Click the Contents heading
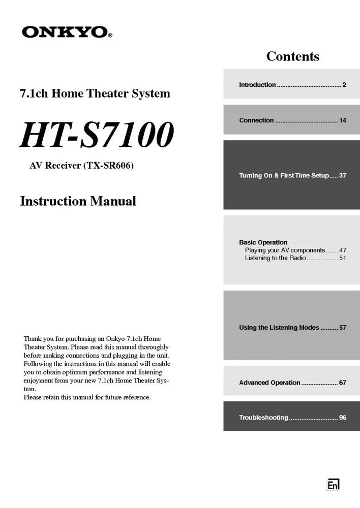click(293, 56)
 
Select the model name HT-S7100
click(97, 135)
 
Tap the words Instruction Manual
click(78, 201)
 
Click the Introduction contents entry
click(257, 85)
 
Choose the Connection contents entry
click(256, 120)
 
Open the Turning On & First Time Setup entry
click(284, 176)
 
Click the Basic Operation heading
click(263, 242)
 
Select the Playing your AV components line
click(285, 250)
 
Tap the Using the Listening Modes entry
click(279, 328)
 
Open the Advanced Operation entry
click(269, 383)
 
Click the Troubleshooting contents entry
click(263, 418)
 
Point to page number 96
click(343, 418)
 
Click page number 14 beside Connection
click(343, 120)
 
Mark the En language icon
click(333, 485)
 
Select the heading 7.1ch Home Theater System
click(95, 93)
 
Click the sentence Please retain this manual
click(87, 397)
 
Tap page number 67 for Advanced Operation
click(343, 383)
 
